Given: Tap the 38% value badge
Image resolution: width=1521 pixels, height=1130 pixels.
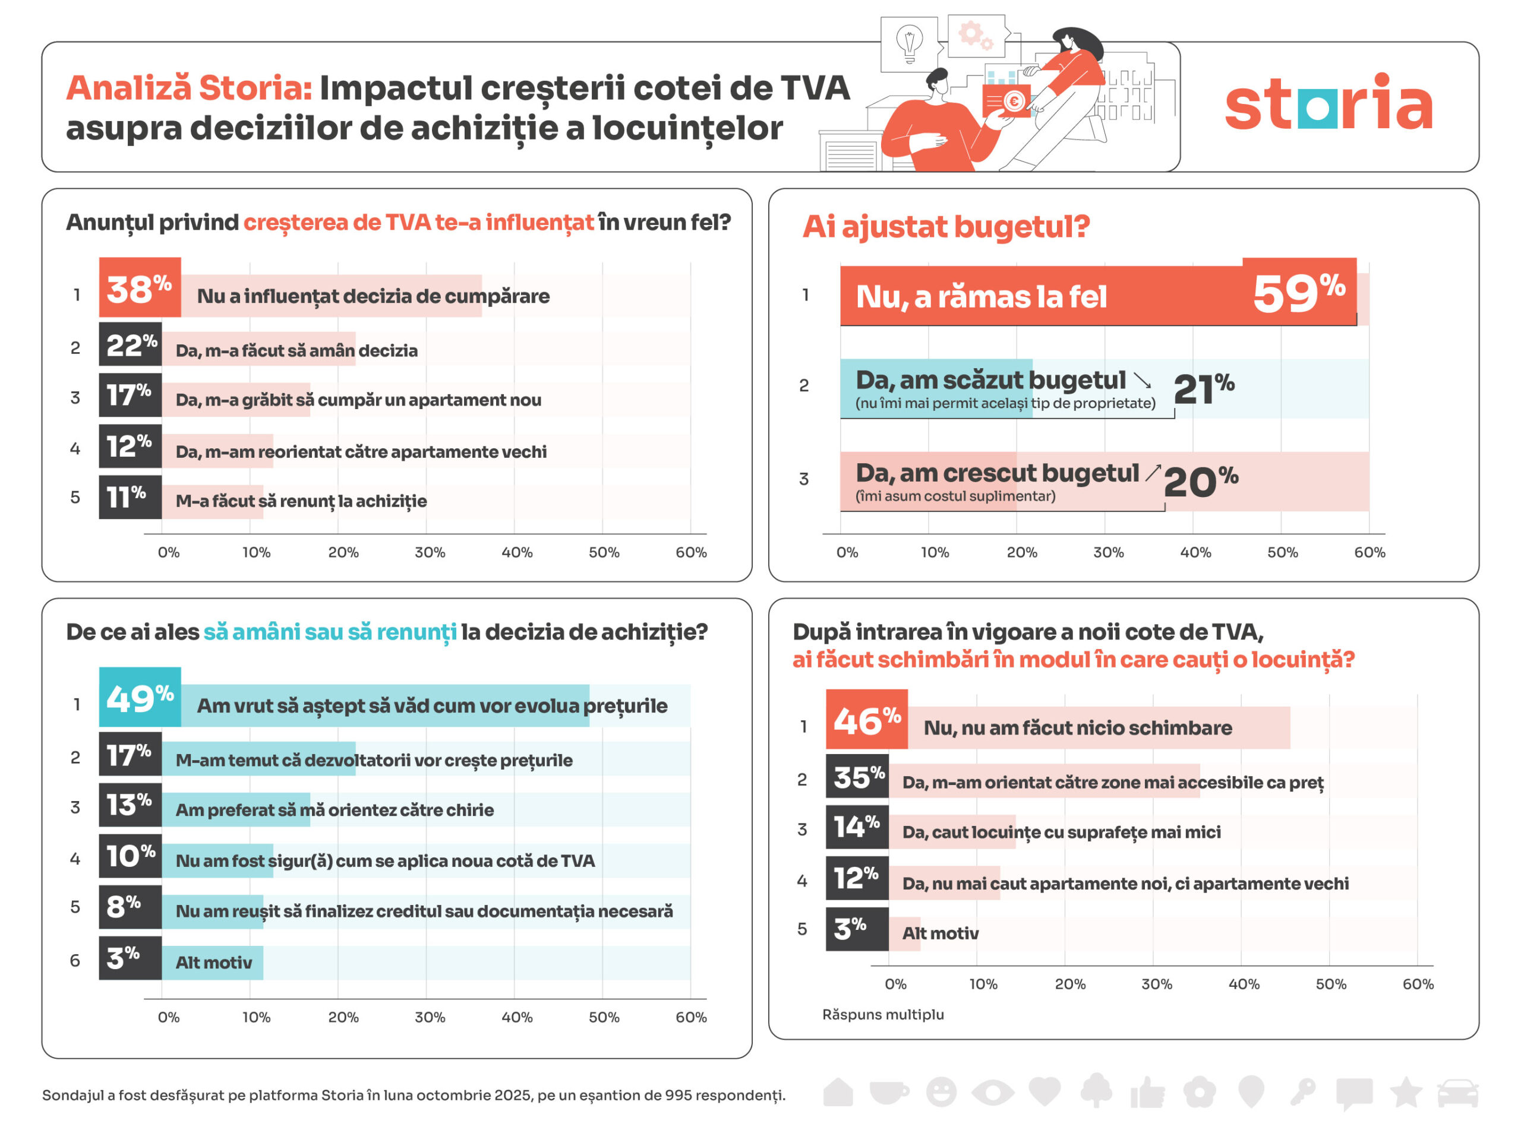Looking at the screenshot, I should (140, 288).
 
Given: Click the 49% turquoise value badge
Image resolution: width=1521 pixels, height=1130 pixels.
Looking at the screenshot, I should (140, 697).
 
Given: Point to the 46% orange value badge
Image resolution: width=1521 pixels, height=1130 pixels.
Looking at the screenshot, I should (866, 720).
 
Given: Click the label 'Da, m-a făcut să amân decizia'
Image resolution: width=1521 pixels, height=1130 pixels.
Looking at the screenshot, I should (296, 350).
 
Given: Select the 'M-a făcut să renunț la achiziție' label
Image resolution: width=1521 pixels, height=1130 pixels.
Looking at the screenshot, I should (301, 501).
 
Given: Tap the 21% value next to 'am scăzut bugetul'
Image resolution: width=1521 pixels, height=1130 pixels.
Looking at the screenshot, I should (1203, 388).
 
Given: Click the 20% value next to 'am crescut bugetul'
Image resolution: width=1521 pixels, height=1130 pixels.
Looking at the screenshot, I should (1200, 482).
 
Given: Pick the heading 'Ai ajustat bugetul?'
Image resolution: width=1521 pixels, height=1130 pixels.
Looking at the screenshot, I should (946, 226).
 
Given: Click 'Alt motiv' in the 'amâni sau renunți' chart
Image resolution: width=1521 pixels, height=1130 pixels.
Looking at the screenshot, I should (213, 963).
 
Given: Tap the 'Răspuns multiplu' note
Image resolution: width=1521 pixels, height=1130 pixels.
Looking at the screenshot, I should (883, 1014).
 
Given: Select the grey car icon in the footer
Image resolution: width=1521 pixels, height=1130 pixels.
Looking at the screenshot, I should (1457, 1093).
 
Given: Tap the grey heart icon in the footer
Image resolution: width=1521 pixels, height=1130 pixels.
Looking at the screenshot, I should (1044, 1091).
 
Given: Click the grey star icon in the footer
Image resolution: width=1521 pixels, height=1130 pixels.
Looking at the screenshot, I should (1405, 1091).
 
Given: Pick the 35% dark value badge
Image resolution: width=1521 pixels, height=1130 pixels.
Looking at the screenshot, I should (857, 776).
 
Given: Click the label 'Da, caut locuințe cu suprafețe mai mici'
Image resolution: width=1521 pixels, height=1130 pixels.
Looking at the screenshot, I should (1061, 832).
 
